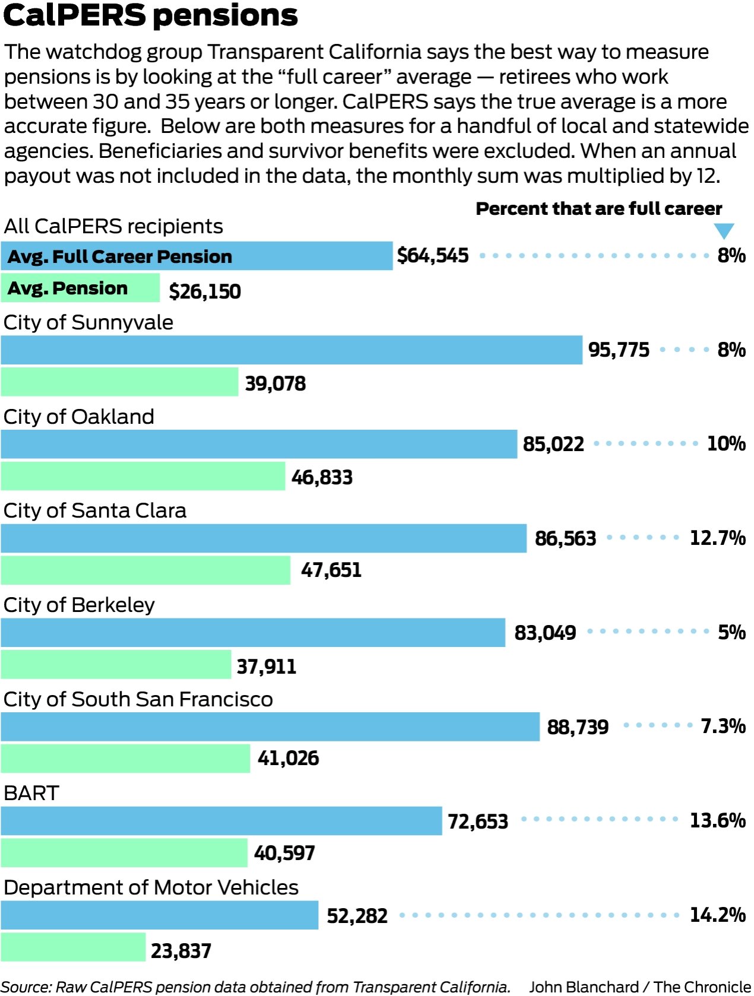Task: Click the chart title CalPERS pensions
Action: click(150, 15)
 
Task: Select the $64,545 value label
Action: click(433, 256)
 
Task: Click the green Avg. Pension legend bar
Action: click(80, 288)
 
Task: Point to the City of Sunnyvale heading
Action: click(88, 322)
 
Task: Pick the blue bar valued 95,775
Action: click(291, 350)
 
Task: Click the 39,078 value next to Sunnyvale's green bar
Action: click(275, 383)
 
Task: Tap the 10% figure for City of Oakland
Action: click(726, 443)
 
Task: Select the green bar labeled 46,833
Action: click(142, 476)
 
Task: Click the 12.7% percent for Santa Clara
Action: click(717, 538)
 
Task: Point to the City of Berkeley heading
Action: click(79, 605)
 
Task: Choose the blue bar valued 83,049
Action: click(252, 633)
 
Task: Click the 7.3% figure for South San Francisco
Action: click(723, 726)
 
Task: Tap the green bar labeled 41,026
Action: click(125, 759)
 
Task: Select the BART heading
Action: click(31, 793)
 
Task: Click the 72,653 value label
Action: click(477, 821)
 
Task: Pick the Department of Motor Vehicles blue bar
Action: click(159, 915)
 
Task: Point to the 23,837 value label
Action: click(180, 951)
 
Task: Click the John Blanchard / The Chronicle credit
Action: click(639, 987)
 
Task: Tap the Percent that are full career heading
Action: click(598, 209)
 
